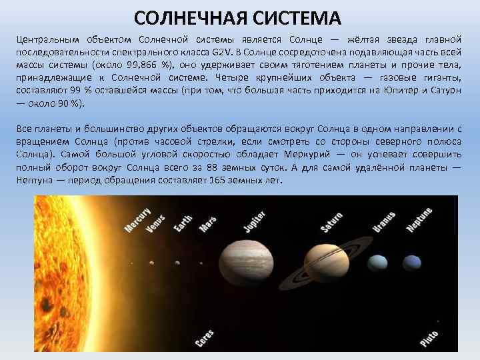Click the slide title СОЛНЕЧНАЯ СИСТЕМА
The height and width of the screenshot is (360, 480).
[x=237, y=16]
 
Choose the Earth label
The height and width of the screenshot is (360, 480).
[x=183, y=223]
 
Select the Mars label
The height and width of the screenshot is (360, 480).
[x=207, y=223]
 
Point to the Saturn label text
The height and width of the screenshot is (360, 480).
[x=331, y=222]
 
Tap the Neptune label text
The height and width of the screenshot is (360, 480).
[x=419, y=220]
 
